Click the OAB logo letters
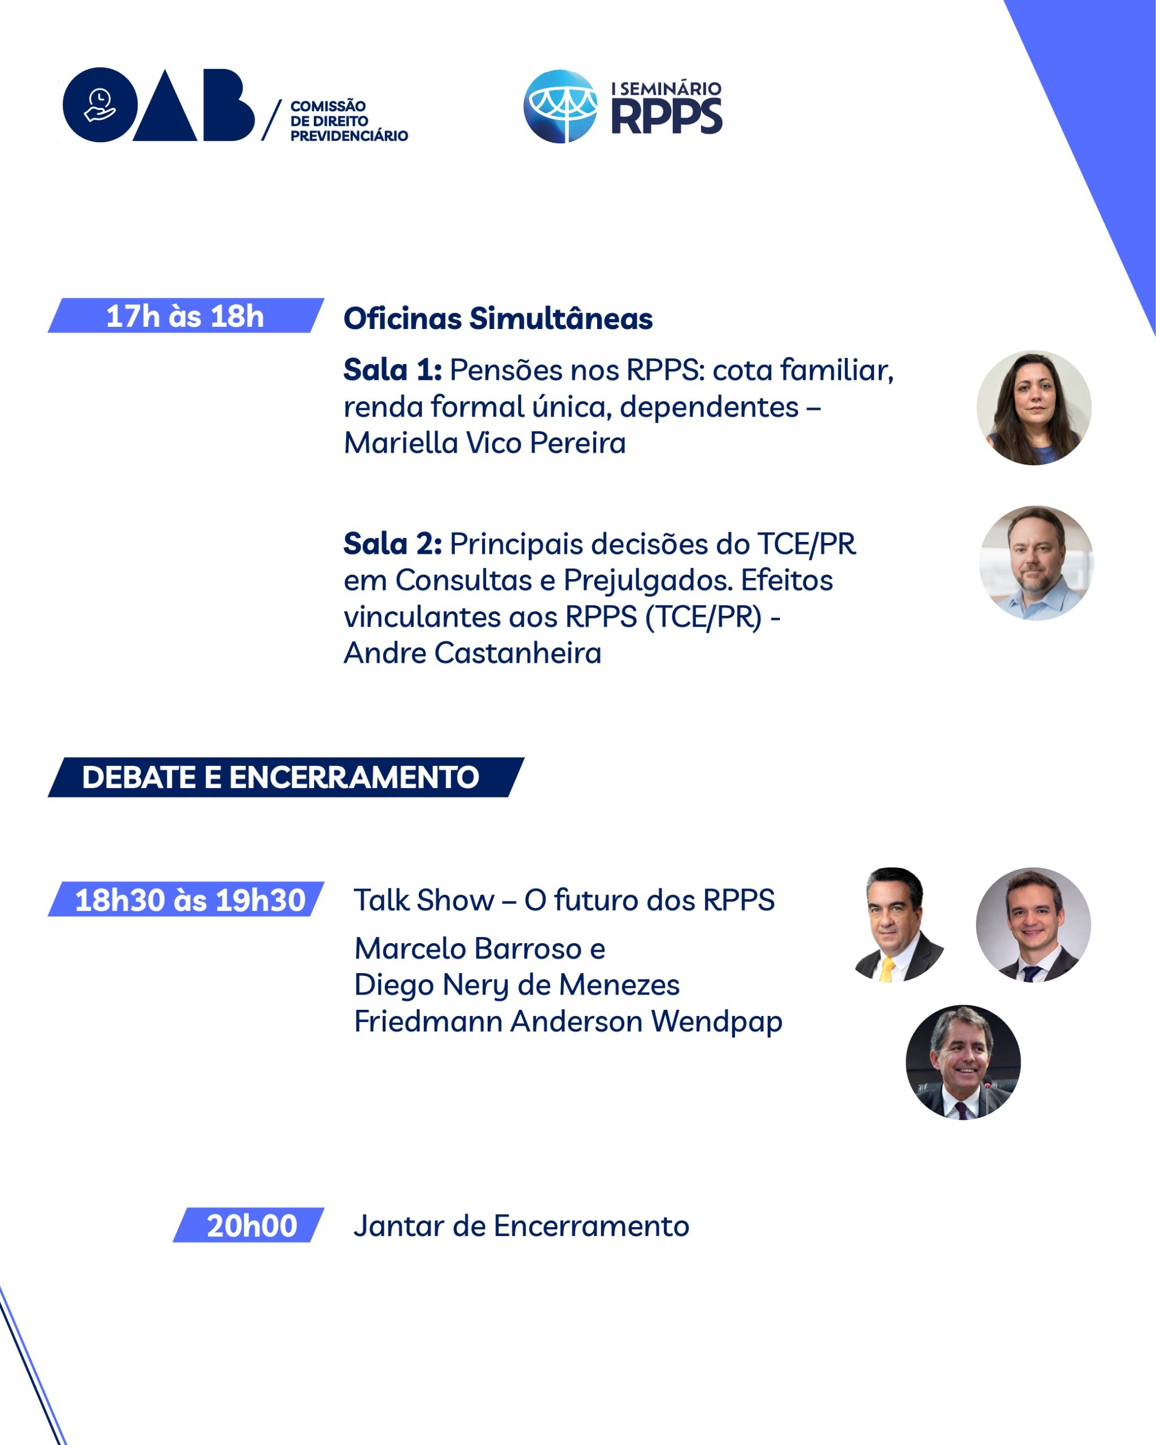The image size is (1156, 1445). click(x=159, y=104)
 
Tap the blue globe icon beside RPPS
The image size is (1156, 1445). click(x=561, y=106)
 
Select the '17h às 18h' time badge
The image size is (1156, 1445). click(x=186, y=316)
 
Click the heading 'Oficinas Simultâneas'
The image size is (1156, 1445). click(x=498, y=318)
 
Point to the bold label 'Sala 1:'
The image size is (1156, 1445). click(x=393, y=370)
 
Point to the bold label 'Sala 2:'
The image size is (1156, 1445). click(x=393, y=544)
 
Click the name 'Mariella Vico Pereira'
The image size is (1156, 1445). click(x=484, y=443)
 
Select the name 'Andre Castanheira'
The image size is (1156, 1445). click(x=472, y=653)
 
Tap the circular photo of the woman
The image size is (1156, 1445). click(x=1034, y=408)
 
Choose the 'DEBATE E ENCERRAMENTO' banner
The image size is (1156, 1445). click(x=286, y=777)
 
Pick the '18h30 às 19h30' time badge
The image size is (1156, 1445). click(x=186, y=899)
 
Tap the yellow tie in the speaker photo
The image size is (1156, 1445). click(x=887, y=970)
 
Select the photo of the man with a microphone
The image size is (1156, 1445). click(x=963, y=1062)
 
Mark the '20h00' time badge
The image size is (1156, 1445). click(x=248, y=1226)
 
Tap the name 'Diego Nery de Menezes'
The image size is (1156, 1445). click(x=516, y=985)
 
